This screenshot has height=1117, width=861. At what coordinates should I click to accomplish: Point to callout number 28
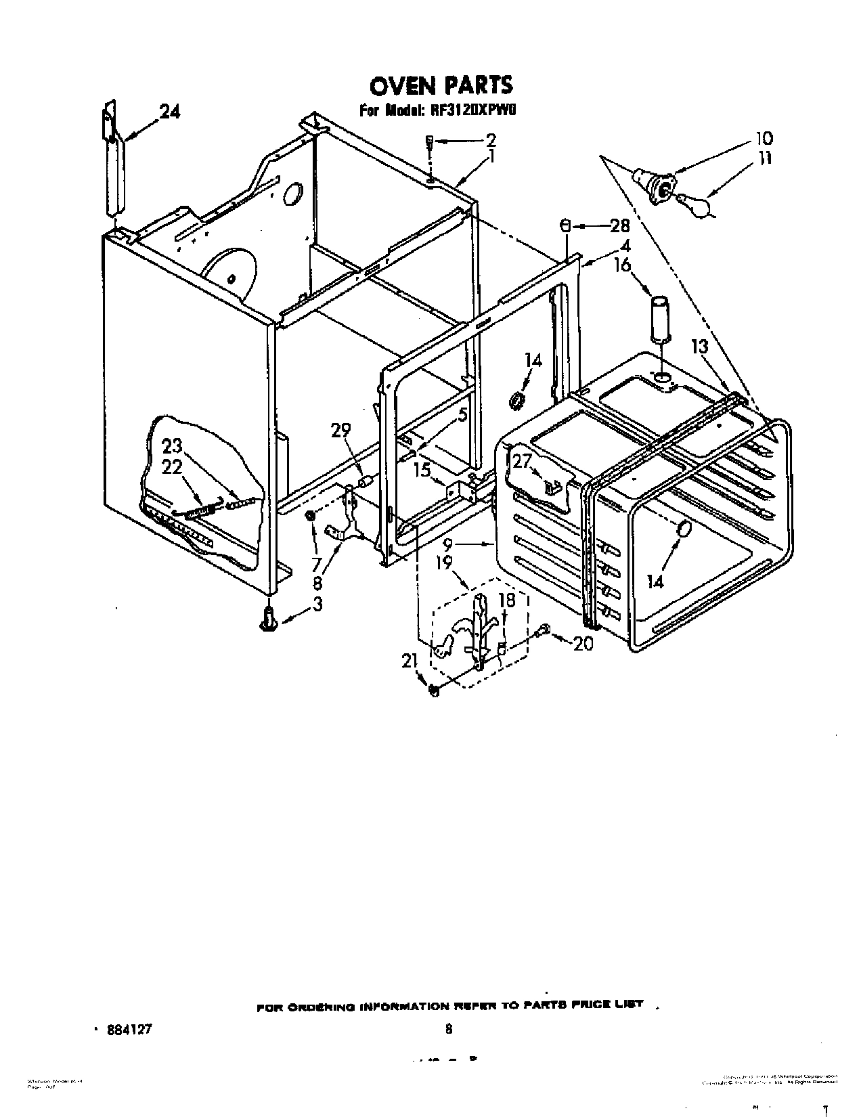point(619,227)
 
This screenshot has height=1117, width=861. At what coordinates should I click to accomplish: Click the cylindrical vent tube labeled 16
point(660,316)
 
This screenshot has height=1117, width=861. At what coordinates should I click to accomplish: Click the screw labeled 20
point(541,631)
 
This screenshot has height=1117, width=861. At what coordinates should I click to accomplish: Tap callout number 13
point(699,347)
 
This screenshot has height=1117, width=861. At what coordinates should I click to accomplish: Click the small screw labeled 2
point(429,142)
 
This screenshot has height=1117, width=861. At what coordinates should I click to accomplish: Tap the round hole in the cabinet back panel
point(292,195)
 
